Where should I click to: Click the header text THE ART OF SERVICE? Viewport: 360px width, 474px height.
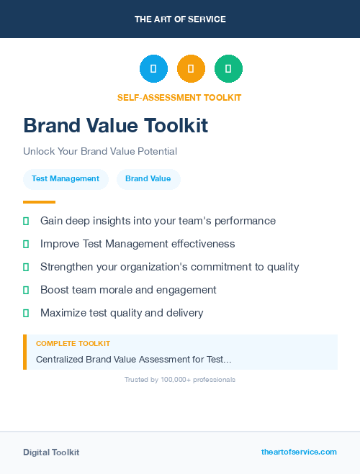[x=180, y=19]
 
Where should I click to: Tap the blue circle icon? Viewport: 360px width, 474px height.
[x=153, y=69]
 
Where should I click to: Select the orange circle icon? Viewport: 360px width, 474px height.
[x=191, y=69]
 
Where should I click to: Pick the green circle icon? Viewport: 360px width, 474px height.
[x=228, y=69]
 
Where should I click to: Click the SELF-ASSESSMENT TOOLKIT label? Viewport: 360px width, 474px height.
[x=179, y=98]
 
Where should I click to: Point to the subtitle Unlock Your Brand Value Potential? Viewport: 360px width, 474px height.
[x=100, y=152]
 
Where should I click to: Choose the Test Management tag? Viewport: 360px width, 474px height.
[x=66, y=179]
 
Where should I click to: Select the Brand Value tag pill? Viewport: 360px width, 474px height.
[x=148, y=179]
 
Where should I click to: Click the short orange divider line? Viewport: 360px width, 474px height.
[x=39, y=202]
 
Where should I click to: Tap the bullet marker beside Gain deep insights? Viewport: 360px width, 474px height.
[x=26, y=221]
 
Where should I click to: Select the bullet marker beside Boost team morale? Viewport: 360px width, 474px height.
[x=26, y=290]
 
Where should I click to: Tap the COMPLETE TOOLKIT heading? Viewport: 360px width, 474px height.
[x=73, y=344]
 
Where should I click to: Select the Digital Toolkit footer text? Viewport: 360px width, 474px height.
[x=51, y=452]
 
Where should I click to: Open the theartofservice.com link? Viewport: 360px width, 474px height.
[x=299, y=452]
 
